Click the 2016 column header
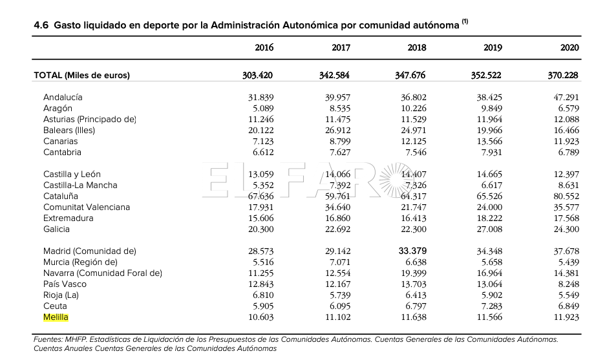coord(264,48)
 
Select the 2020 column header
coord(569,48)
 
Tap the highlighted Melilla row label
coord(56,317)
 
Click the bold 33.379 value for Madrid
coord(412,251)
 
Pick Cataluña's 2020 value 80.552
coord(566,196)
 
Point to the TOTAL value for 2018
coord(410,75)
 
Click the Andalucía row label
coord(63,97)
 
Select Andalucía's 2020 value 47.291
coord(566,97)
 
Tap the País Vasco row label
coord(65,284)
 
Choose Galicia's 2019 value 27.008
coord(489,229)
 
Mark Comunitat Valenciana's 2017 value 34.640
coord(338,207)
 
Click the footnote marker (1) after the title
coord(465,21)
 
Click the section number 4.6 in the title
coord(41,26)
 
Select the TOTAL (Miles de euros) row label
coord(81,76)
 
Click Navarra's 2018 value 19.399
coord(414,273)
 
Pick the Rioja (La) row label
coord(61,295)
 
